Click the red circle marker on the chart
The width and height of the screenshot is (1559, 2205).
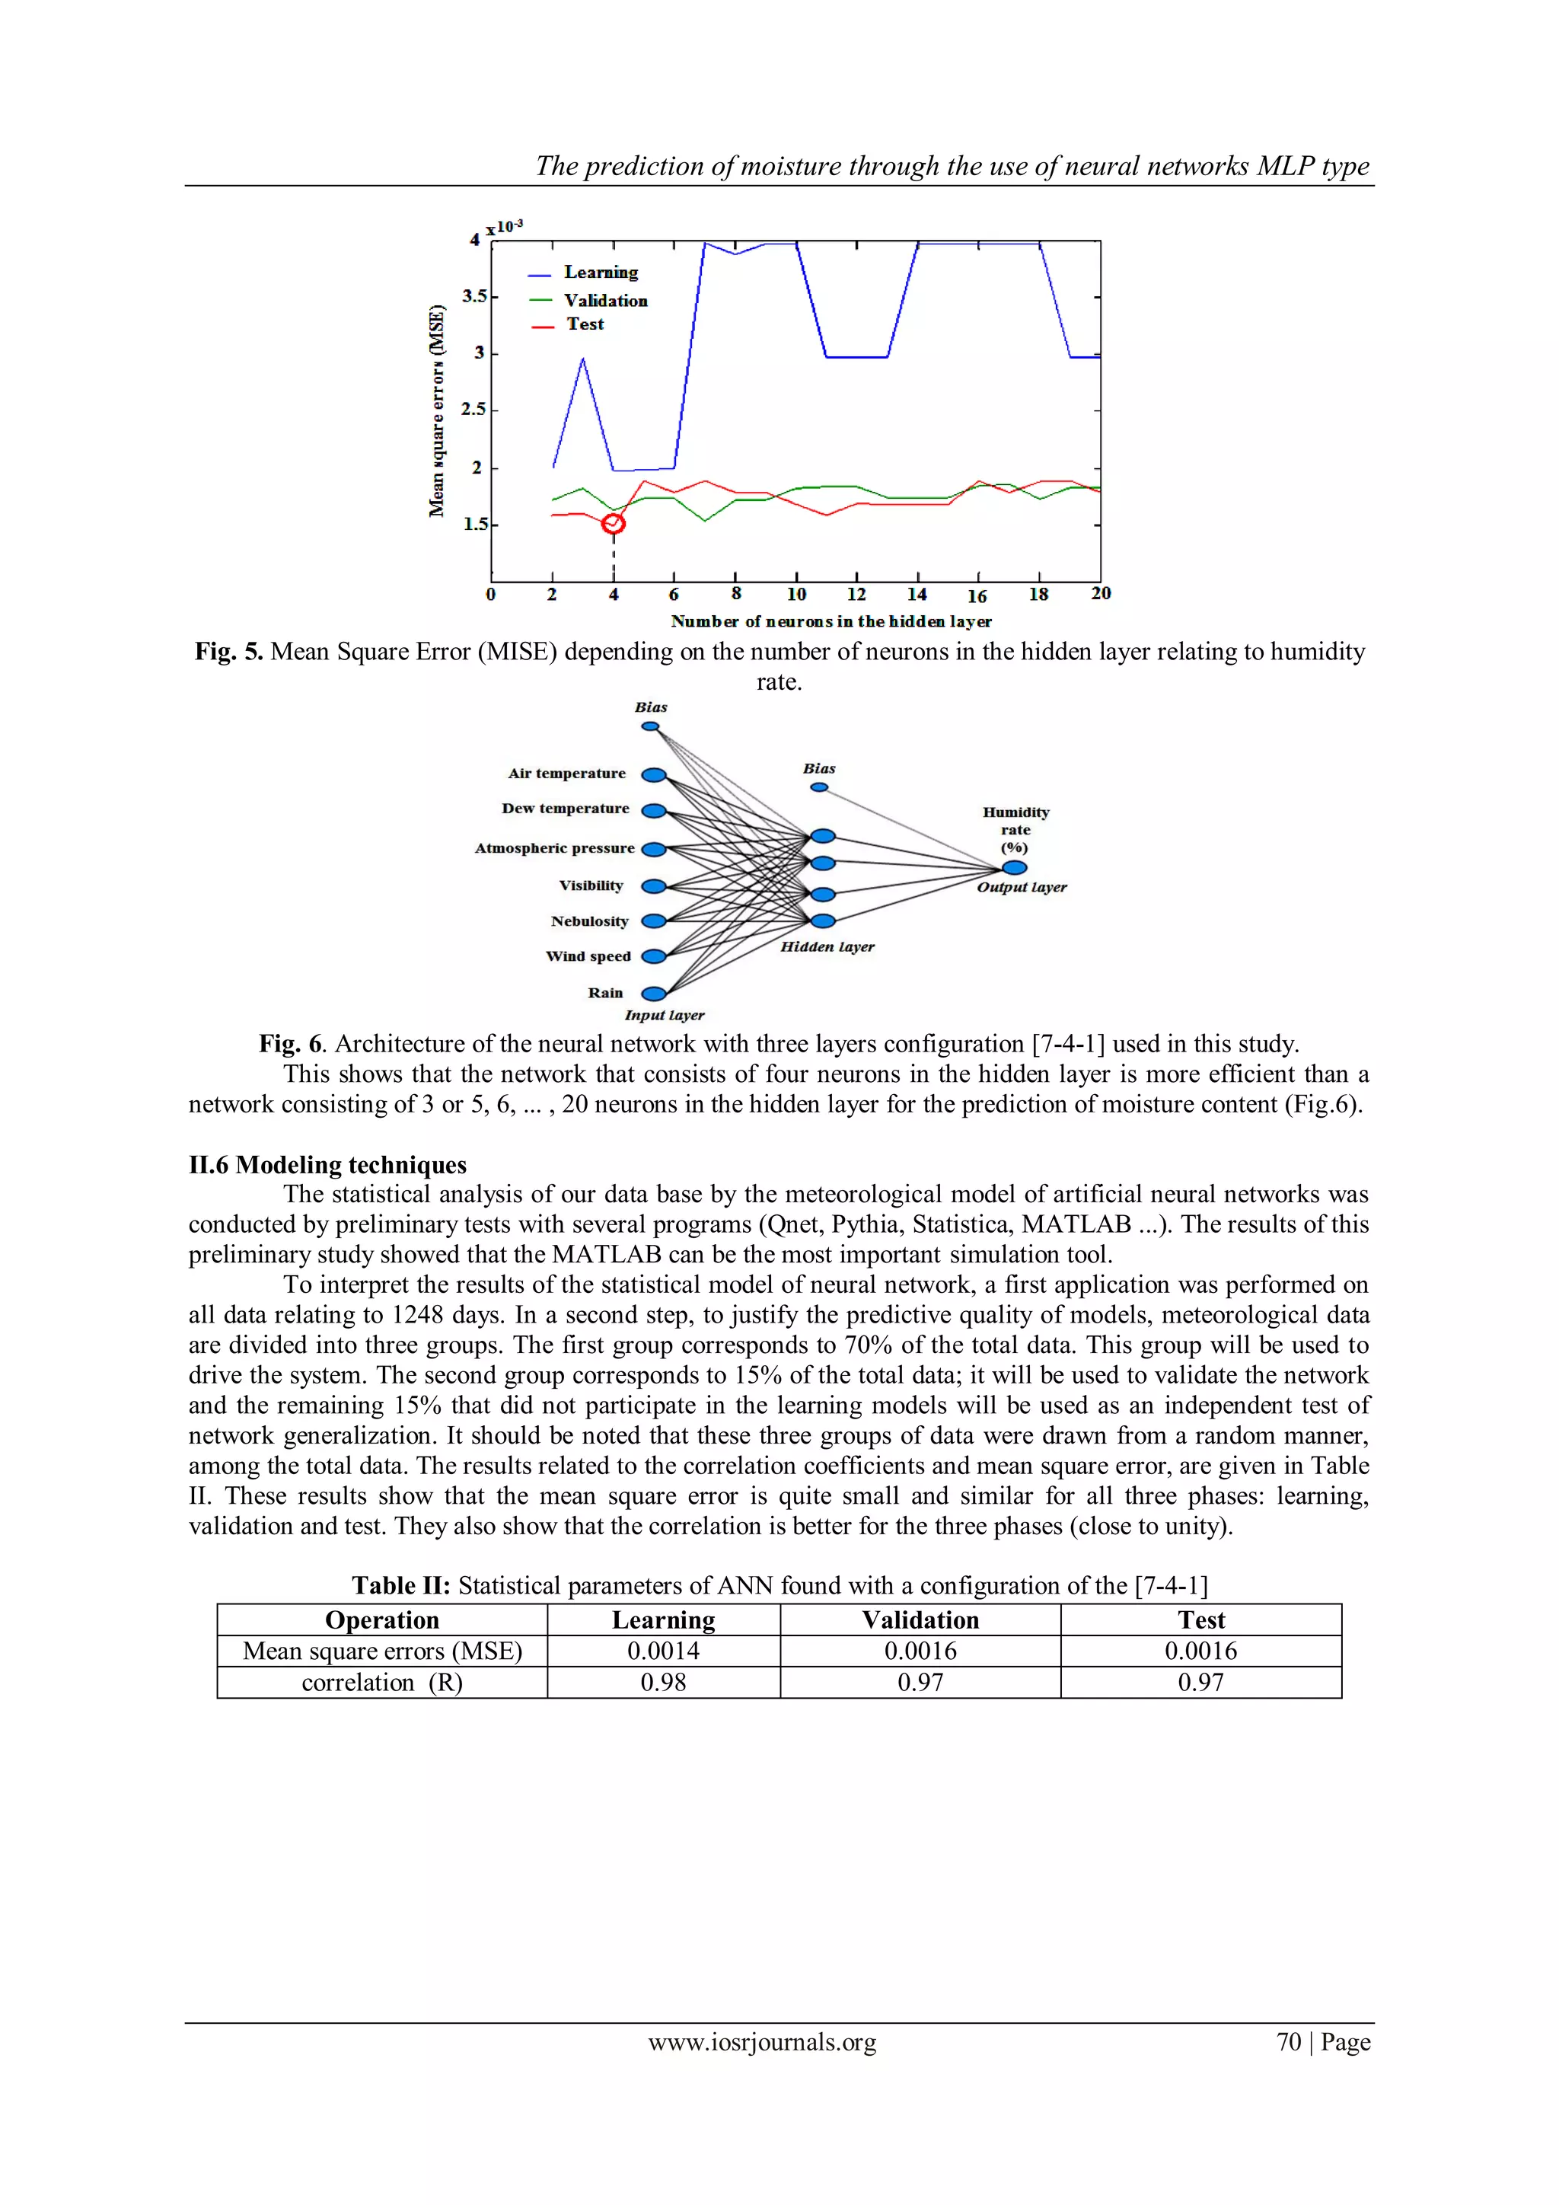614,523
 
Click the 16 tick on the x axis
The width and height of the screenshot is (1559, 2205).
977,595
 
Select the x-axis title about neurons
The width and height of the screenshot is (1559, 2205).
831,621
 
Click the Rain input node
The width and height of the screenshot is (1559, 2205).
654,993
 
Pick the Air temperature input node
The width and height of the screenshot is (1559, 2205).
654,775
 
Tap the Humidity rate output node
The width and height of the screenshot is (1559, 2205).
1015,867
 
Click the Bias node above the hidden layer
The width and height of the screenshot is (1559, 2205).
819,787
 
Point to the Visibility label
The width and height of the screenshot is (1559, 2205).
591,886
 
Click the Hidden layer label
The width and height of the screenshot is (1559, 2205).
827,947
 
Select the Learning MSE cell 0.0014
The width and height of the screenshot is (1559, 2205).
663,1651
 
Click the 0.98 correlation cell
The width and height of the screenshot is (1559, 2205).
663,1683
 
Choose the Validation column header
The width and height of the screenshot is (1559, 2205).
920,1620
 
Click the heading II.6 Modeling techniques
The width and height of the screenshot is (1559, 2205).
327,1165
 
